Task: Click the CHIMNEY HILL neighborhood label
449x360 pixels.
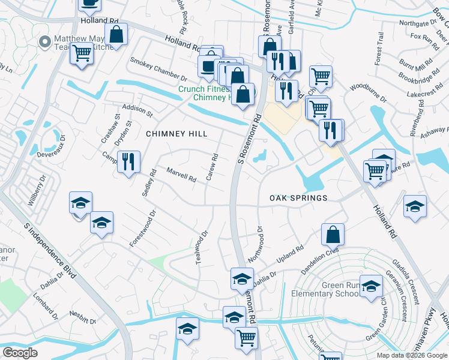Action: click(177, 134)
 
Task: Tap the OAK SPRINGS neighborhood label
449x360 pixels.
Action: click(298, 198)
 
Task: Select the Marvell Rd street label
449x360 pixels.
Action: click(181, 175)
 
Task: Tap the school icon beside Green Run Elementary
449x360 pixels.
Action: click(371, 286)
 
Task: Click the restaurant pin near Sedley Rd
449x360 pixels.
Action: click(128, 161)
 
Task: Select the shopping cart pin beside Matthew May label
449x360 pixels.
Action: click(82, 52)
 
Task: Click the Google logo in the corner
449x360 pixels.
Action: click(20, 353)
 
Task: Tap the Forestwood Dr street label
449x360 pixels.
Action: click(143, 228)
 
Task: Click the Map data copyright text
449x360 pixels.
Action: click(412, 355)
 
